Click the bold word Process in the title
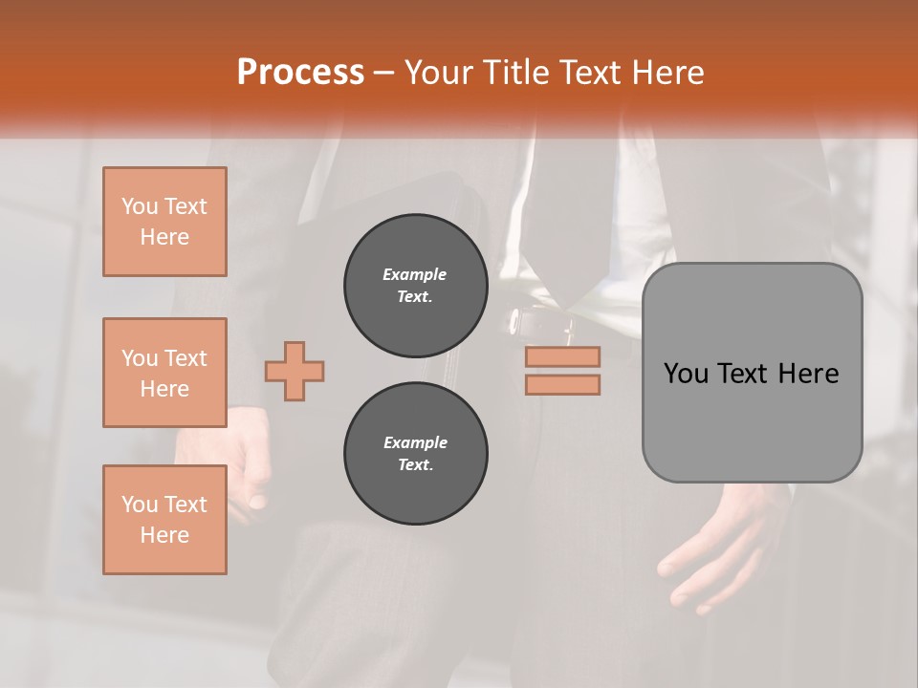tap(300, 73)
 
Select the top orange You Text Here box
tap(164, 222)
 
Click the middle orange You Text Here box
tap(164, 373)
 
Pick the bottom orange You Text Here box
tap(164, 520)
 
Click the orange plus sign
tap(295, 371)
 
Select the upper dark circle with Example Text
tap(415, 286)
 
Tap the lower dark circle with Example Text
tap(415, 454)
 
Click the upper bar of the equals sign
tap(562, 357)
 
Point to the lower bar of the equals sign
tap(562, 385)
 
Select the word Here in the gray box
tap(808, 374)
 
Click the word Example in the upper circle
tap(415, 275)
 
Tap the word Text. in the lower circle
tap(415, 465)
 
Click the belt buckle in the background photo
tap(526, 323)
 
